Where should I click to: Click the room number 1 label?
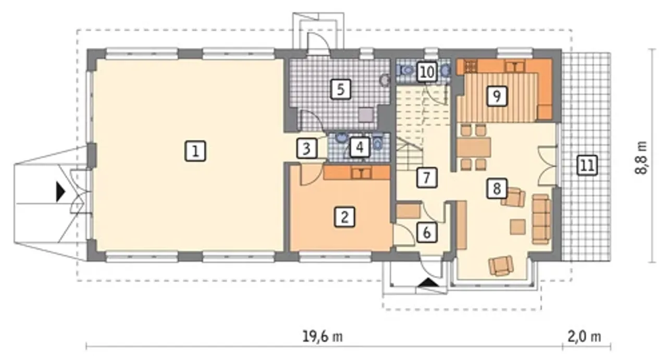[x=195, y=151]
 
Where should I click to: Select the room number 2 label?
[x=344, y=217]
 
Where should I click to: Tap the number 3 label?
[x=307, y=148]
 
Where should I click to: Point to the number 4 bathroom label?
[x=360, y=147]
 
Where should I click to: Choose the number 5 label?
[x=341, y=89]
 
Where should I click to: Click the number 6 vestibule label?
[x=427, y=232]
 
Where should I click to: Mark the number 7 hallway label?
[x=427, y=178]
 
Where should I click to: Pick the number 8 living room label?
[x=497, y=189]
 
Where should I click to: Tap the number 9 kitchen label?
[x=497, y=96]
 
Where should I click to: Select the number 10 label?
[x=427, y=72]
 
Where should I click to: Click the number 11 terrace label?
[x=587, y=165]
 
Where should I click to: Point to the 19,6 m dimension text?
[x=323, y=337]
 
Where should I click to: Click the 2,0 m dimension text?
[x=584, y=337]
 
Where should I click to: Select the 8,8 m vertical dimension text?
[x=641, y=157]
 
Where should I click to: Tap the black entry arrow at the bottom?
[x=428, y=282]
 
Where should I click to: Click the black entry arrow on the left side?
[x=61, y=192]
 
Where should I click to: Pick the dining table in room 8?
[x=474, y=147]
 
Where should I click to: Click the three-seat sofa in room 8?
[x=541, y=219]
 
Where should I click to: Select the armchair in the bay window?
[x=501, y=266]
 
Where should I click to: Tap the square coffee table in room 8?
[x=518, y=227]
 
